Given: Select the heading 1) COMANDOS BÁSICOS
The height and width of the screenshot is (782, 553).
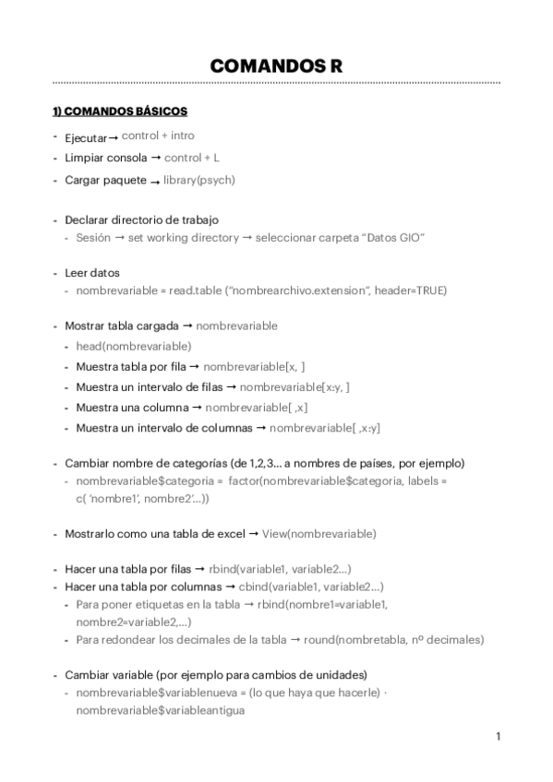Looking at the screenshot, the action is pos(120,112).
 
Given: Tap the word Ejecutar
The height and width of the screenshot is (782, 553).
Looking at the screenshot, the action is pos(86,137).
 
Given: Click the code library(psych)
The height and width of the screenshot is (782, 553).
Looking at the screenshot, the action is pos(198,180).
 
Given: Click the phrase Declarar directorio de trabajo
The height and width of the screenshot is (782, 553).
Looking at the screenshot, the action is pos(141,220).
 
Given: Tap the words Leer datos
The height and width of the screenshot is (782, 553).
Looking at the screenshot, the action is pos(91,273).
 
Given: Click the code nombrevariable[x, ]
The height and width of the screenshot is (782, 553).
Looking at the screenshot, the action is pos(254,366).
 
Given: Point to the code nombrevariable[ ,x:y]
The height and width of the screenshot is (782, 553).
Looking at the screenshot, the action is pos(325,428).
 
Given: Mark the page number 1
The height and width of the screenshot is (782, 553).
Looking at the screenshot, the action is pos(498,736).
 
